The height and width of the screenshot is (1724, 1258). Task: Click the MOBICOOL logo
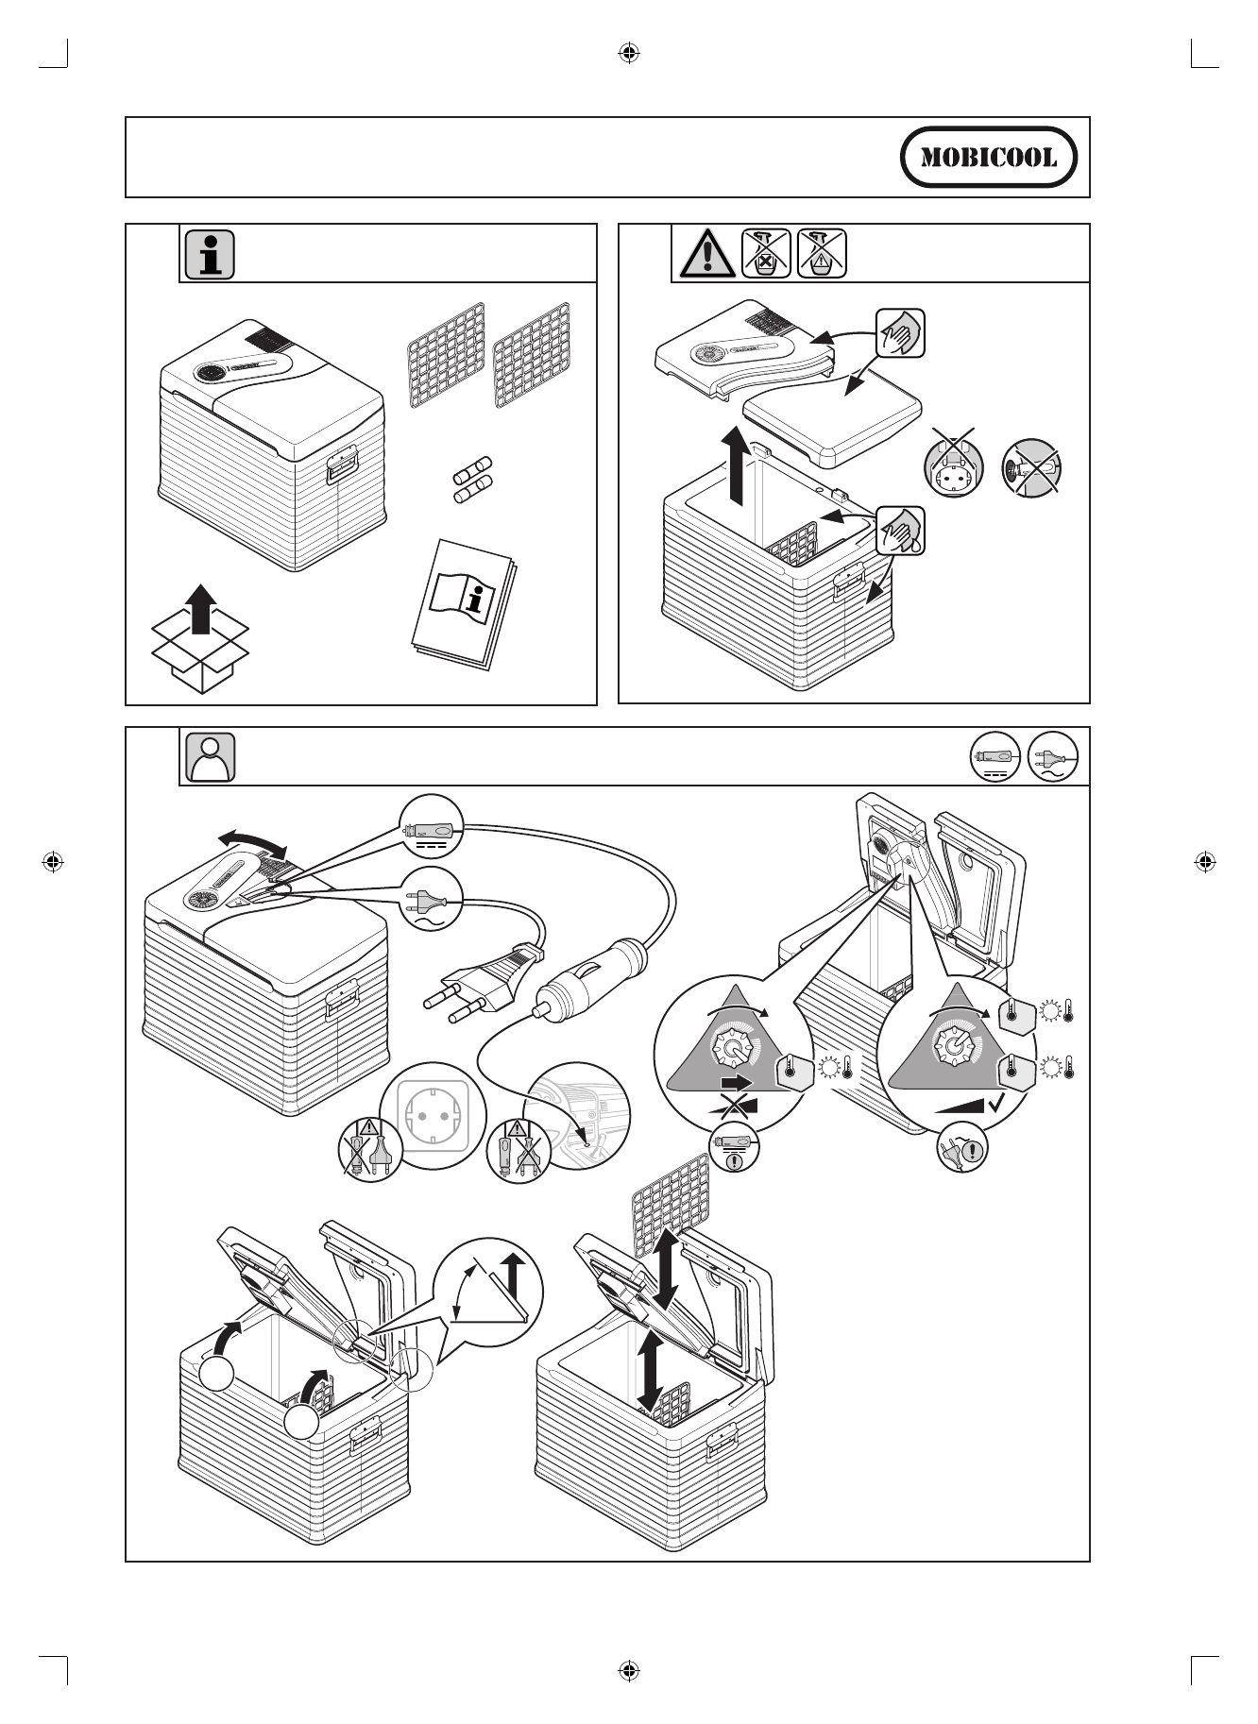[988, 157]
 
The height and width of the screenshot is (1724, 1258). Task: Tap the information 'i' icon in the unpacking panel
[210, 254]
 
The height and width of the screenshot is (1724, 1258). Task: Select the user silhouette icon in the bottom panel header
[211, 756]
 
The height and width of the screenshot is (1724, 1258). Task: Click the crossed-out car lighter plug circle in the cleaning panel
[1032, 465]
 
